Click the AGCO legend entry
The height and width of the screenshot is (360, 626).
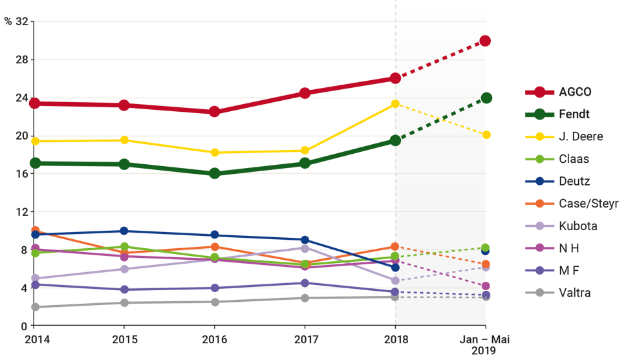tap(574, 92)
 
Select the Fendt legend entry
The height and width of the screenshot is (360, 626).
tap(574, 115)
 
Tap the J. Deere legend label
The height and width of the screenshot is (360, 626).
tap(580, 137)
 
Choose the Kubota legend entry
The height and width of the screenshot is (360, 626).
tap(577, 226)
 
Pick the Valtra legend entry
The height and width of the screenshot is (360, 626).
tap(575, 293)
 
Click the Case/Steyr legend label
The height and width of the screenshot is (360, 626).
tap(588, 204)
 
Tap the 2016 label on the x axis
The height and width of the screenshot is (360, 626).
tap(214, 339)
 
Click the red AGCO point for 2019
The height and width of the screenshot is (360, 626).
tap(486, 41)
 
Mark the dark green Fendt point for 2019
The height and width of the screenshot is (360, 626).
tap(486, 98)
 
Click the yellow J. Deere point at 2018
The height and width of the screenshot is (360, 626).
tap(395, 103)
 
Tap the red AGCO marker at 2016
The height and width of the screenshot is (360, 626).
tap(214, 112)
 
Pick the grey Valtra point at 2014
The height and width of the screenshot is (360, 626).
tap(35, 307)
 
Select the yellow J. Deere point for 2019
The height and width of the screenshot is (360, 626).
tap(486, 135)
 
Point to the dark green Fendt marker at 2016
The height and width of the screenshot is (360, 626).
tap(214, 173)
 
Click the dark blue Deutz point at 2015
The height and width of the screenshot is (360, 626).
tap(124, 231)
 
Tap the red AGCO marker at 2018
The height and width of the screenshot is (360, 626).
tap(395, 78)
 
